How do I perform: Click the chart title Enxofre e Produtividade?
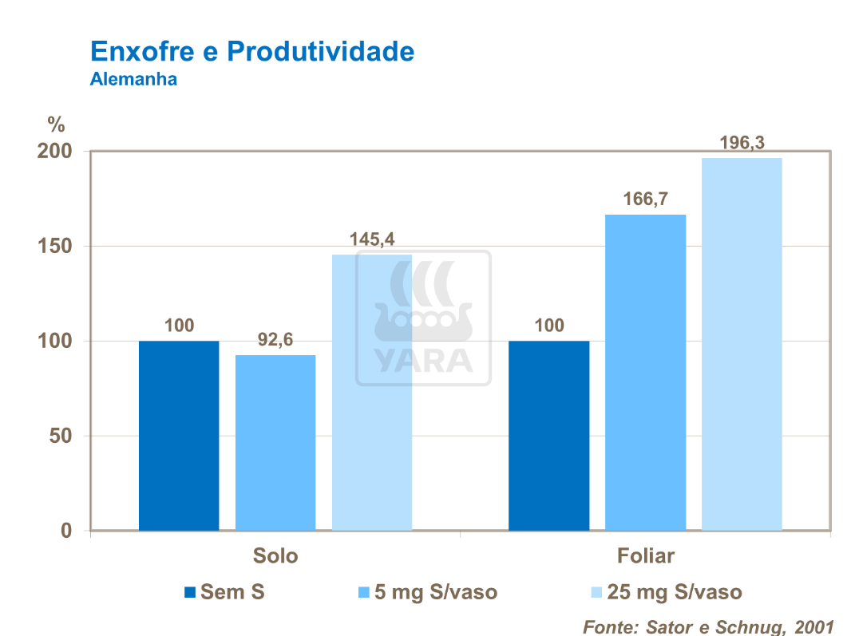tap(252, 52)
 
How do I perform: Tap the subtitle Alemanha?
tap(133, 80)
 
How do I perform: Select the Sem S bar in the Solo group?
tap(179, 436)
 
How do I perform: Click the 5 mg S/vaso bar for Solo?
tap(275, 443)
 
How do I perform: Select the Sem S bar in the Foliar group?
tap(549, 436)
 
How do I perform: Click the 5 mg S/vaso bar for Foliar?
tap(645, 373)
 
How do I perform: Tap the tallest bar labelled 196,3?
tap(742, 344)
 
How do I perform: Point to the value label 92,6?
tap(275, 340)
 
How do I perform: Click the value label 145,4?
tap(372, 239)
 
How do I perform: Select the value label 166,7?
tap(645, 199)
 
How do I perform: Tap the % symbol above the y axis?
tap(55, 124)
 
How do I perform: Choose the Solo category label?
tap(275, 555)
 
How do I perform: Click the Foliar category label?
tap(645, 555)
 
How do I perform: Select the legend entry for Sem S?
tap(224, 592)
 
